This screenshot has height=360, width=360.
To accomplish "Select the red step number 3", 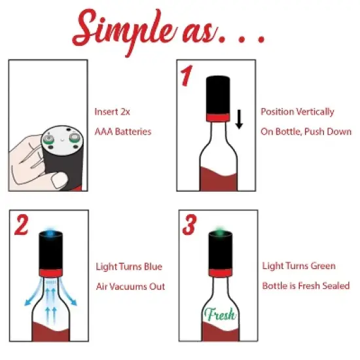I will (189, 225).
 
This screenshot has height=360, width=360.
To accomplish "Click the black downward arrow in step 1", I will (240, 120).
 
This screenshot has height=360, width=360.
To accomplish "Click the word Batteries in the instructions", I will (133, 132).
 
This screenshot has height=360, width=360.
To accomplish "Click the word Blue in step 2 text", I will (151, 266).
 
